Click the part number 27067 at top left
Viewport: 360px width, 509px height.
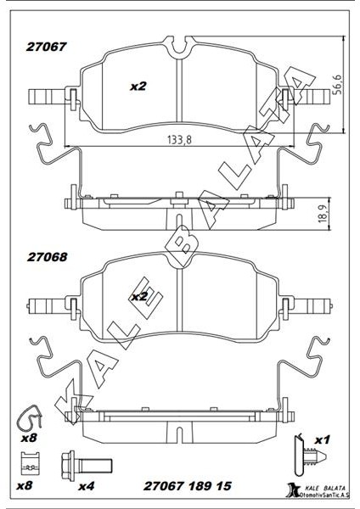coord(46,47)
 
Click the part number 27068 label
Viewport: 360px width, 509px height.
coord(47,257)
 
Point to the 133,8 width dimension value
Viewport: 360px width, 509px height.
coord(180,140)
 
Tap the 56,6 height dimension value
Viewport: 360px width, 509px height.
coord(338,84)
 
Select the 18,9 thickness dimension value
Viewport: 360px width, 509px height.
coord(322,215)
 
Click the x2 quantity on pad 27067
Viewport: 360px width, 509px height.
coord(138,87)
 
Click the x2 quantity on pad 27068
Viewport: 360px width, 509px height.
coord(139,296)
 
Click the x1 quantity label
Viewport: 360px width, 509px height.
coord(323,440)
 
